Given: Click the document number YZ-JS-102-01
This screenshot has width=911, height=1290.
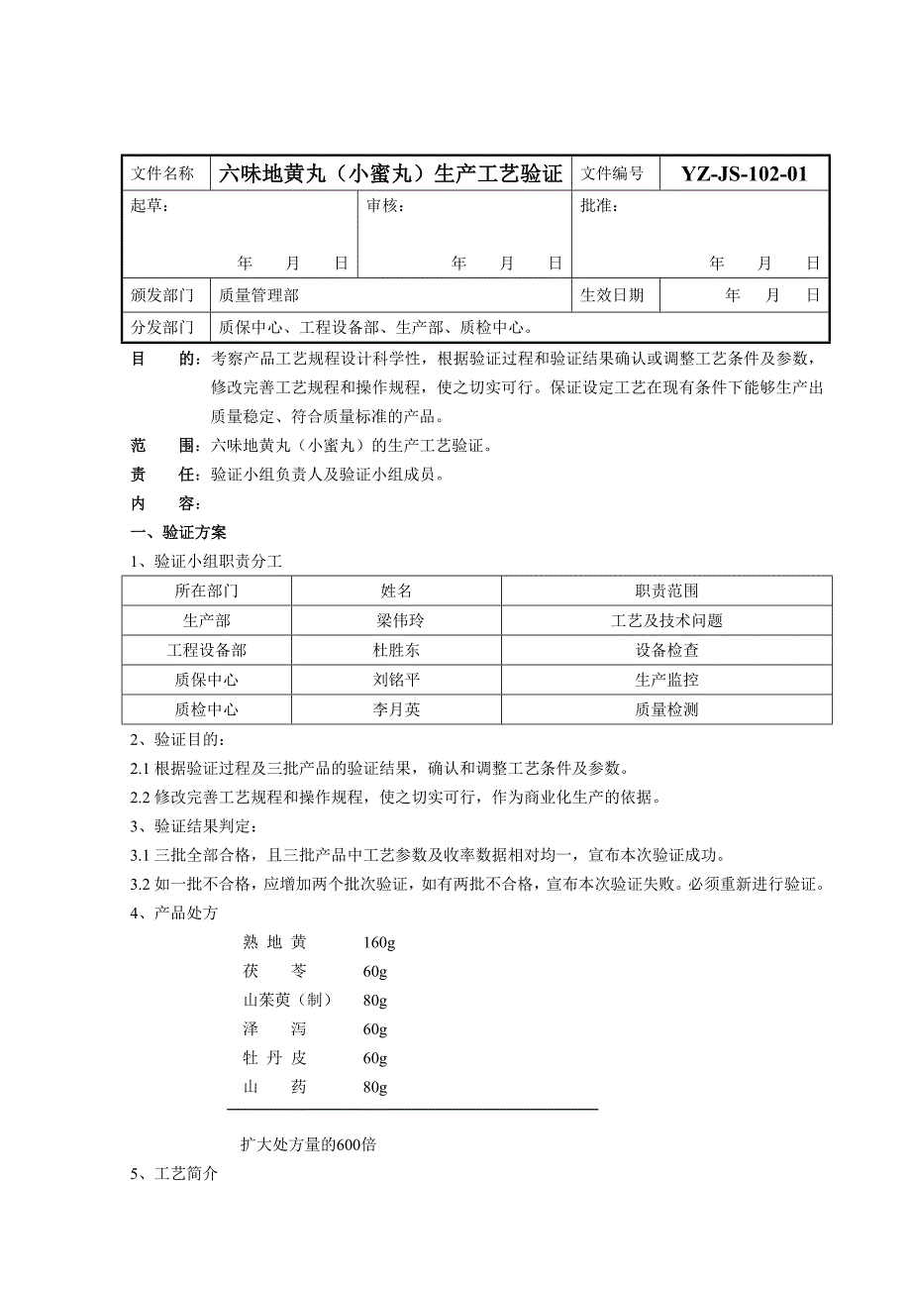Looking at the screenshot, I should [744, 174].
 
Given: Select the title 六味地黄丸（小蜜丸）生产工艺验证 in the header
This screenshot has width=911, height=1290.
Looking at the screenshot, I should [390, 174].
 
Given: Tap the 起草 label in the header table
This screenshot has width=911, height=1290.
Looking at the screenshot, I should [150, 206].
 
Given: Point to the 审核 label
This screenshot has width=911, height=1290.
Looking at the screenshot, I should [385, 206].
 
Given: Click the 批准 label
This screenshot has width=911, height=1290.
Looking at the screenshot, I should [599, 206].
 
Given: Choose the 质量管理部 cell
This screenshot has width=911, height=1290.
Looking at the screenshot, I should [258, 295].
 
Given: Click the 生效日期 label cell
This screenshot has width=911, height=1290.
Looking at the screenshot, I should [612, 295].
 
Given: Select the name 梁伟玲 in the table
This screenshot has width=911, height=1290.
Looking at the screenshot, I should [396, 621].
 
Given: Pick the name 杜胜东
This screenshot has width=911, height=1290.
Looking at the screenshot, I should [396, 651].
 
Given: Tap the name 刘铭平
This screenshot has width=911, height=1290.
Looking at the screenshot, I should [396, 681].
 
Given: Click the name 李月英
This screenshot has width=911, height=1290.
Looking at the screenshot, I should [396, 710].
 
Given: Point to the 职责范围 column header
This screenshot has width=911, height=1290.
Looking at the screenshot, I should [666, 591].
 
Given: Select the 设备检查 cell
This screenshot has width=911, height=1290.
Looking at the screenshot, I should [666, 651].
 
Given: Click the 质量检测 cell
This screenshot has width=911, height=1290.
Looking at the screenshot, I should [666, 710].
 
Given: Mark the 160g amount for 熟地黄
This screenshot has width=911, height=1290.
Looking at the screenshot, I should [379, 942].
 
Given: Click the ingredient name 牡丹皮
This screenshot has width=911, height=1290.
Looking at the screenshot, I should [274, 1058].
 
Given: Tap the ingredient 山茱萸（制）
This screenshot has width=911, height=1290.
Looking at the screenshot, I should [287, 1000].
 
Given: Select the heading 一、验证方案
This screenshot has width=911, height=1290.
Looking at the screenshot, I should [178, 533].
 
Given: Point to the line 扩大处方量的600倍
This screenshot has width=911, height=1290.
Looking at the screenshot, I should [308, 1145].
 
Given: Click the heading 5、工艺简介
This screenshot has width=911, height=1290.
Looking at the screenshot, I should [173, 1175].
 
